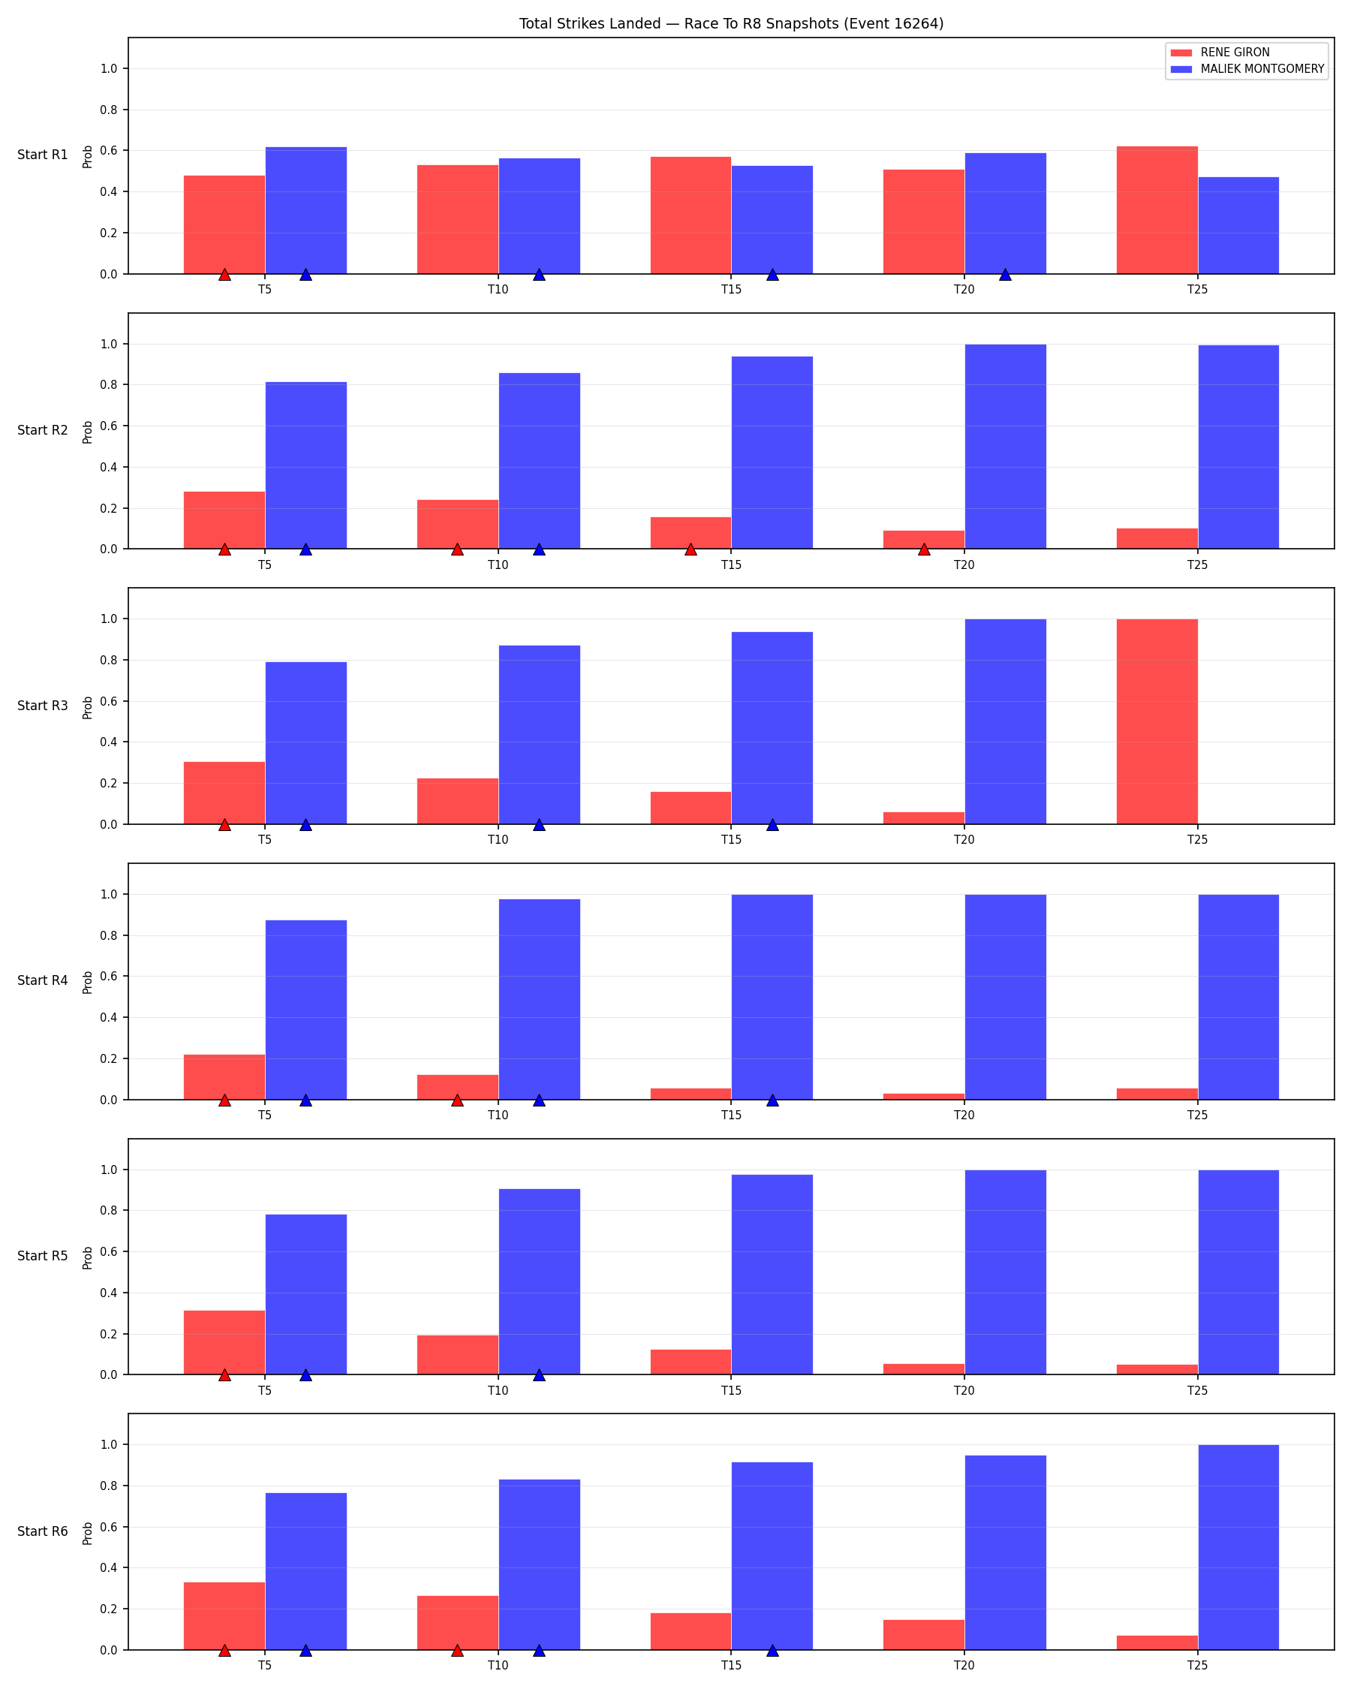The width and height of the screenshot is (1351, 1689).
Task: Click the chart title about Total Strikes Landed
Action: [731, 23]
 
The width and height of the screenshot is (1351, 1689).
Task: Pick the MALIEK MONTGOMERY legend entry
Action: [1247, 69]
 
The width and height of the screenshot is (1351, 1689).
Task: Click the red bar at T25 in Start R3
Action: [1157, 721]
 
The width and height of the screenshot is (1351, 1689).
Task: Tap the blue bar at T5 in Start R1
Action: [305, 211]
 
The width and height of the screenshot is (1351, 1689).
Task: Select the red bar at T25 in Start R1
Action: [1157, 210]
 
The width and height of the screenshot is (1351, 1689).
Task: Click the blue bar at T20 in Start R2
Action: [1005, 447]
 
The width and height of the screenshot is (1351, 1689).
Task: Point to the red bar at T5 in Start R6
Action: [224, 1616]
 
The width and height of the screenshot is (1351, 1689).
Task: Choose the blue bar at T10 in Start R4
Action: [539, 1000]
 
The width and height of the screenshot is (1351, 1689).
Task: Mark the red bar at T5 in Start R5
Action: [224, 1343]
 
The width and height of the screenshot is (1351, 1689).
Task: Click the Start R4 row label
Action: [42, 981]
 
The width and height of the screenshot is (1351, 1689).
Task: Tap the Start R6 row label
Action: [42, 1531]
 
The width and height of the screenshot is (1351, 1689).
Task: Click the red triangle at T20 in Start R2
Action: [924, 549]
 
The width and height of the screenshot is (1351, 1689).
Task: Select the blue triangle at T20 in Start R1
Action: [1005, 274]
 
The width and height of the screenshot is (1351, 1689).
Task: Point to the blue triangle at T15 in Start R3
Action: [772, 824]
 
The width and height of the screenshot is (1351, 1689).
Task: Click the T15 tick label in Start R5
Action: [731, 1390]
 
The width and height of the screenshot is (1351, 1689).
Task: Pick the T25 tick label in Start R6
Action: [1196, 1666]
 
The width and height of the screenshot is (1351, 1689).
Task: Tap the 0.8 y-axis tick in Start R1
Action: [109, 110]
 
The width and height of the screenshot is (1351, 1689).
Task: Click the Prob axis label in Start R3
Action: [88, 707]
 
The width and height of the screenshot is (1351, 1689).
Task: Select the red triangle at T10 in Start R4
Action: [457, 1100]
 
